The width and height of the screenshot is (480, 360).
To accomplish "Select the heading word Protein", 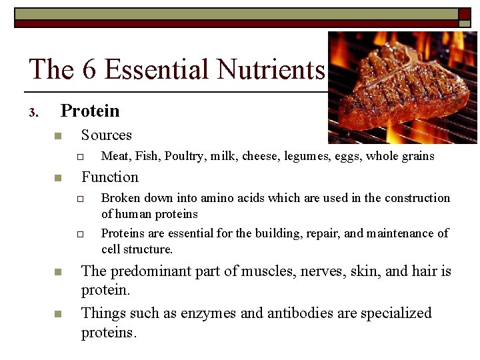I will click(x=90, y=111).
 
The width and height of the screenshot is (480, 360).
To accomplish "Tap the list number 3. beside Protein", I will click(x=34, y=113).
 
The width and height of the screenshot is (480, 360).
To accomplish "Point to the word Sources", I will click(x=107, y=135).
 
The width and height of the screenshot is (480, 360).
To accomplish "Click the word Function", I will click(x=110, y=177).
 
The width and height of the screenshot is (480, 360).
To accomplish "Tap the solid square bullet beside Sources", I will click(x=57, y=137).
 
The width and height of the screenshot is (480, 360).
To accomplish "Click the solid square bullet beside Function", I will click(x=57, y=178).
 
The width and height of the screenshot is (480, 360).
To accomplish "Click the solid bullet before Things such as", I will click(x=57, y=314).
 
